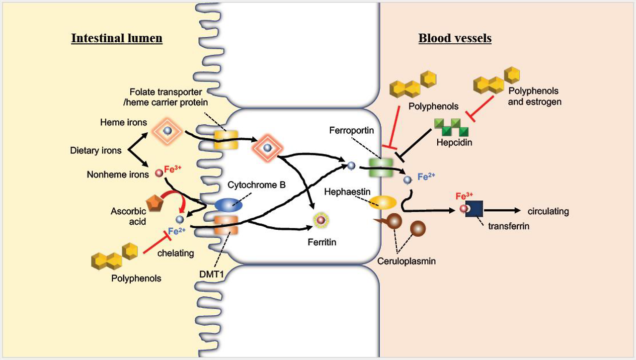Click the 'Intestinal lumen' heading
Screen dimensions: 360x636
pyautogui.click(x=117, y=38)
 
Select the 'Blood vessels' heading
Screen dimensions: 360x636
pyautogui.click(x=455, y=38)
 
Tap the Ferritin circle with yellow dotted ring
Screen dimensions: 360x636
pyautogui.click(x=321, y=219)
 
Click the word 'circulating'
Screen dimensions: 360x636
pyautogui.click(x=548, y=211)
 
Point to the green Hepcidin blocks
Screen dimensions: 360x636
pyautogui.click(x=452, y=128)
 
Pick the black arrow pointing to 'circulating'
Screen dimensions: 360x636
pyautogui.click(x=502, y=211)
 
